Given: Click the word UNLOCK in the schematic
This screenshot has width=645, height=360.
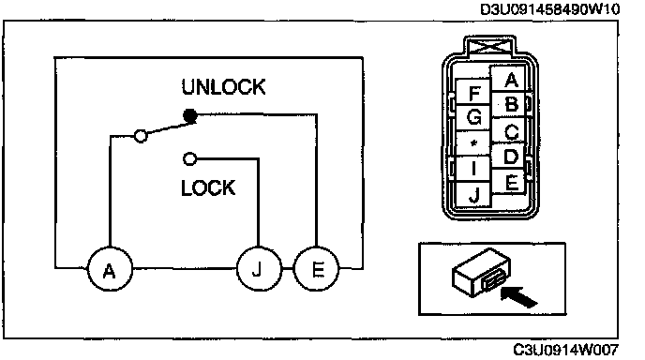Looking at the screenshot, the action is coord(223,87).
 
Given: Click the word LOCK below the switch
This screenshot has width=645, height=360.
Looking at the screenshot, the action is coord(208,187).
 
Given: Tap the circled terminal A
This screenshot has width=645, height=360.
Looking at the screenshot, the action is coord(110,269).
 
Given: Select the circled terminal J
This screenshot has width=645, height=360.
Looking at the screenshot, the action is coord(259,269).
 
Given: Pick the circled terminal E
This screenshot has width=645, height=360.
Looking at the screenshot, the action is coord(317,269).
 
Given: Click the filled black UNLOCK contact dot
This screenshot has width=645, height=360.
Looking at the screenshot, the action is coord(189,115).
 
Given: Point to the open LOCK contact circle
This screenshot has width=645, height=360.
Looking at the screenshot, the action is coord(189,158).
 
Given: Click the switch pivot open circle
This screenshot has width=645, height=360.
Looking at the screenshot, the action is coord(141,135).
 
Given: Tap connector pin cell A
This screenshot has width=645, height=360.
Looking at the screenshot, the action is coord(509,80).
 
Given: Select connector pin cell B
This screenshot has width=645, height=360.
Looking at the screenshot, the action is coord(509,105).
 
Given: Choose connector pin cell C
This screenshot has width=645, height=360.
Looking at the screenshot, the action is coord(509,131).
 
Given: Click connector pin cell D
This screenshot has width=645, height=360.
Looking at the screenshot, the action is coord(509,157).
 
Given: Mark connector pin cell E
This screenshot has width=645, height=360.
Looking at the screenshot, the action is coord(509,181).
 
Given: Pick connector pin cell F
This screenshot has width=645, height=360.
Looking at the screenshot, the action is coord(473,93).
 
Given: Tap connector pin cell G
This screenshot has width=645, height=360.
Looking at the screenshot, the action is coord(473,118).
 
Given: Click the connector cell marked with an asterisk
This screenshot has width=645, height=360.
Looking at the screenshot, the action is coord(473,143).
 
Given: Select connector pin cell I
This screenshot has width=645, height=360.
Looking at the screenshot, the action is coord(473,169).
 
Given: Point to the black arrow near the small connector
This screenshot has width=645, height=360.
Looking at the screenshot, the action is coord(519,296).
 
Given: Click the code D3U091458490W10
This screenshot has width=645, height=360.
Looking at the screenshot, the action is coord(549,9).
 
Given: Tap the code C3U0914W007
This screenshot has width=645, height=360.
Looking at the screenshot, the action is coord(565,350).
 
